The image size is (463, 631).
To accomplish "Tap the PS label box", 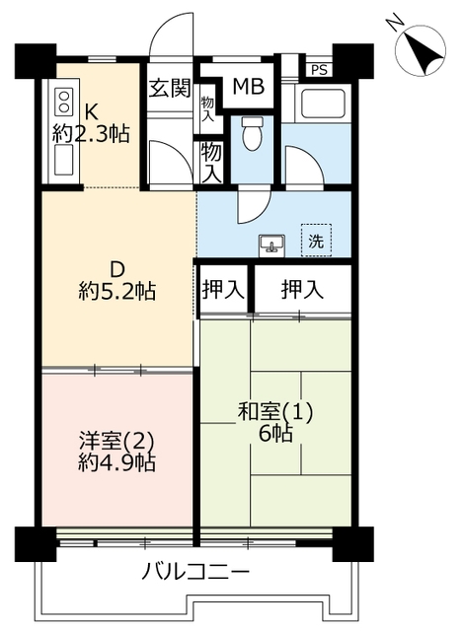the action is point(320,70).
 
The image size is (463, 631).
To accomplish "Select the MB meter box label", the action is point(249,86).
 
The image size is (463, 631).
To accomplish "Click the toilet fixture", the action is point(252,134).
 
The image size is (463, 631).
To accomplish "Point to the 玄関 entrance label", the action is point(169,89).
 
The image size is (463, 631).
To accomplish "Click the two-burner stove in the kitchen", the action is point(64,102).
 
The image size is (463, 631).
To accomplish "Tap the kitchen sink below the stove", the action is point(64,160).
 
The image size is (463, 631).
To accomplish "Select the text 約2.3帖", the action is point(91,134).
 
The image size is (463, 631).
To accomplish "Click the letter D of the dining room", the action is point(117,270).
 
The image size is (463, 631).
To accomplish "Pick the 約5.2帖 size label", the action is point(116,291).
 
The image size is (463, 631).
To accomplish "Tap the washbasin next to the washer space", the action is point(272,245).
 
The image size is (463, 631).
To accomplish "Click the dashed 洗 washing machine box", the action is point(316,241).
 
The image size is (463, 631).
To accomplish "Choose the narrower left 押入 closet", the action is point(224,289).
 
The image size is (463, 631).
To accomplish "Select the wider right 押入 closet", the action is point(303,289).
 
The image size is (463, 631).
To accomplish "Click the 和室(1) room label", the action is point(275,412).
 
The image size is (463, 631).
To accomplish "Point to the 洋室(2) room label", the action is point(116,442).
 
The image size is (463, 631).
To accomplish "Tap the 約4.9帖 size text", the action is point(116,462).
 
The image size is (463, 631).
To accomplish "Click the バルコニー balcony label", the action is point(195,572).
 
